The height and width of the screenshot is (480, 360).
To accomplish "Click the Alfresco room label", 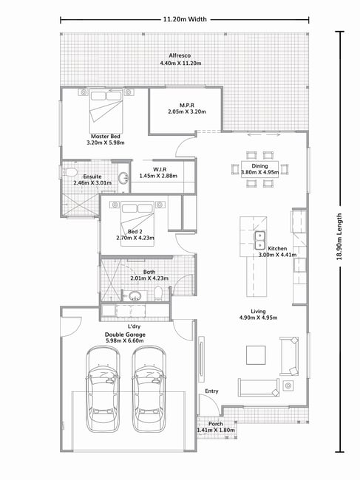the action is tap(180, 55).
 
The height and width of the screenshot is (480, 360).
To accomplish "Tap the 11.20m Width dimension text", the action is tap(185, 19).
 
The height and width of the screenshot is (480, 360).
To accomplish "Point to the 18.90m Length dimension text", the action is tap(339, 236).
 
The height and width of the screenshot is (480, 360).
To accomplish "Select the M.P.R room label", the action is tap(187, 106).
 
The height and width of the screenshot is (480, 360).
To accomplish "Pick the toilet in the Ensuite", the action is tap(69, 172).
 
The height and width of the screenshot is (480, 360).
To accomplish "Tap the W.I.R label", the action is tap(160, 169).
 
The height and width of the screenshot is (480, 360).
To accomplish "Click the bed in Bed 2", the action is tap(137, 224).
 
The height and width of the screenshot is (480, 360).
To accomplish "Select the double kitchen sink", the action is tap(259, 240).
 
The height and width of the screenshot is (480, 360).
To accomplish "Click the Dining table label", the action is tap(259, 166).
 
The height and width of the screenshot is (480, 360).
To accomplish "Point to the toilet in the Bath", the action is tap(158, 293).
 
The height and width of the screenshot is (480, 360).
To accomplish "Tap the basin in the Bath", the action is tap(135, 295).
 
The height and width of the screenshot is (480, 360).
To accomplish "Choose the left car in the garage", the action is tap(103, 388).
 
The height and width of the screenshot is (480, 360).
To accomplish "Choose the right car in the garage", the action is tap(149, 388).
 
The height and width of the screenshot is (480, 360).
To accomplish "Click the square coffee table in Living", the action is tap(256, 355).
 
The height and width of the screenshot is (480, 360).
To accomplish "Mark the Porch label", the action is tap(216, 424).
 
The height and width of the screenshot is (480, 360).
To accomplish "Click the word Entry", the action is tap(211, 391).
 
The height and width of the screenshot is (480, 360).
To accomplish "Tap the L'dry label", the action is tap(135, 326).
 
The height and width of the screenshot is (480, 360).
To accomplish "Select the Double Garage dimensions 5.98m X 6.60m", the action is tap(125, 340).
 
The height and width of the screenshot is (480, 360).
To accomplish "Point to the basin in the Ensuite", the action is tap(123, 178).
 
